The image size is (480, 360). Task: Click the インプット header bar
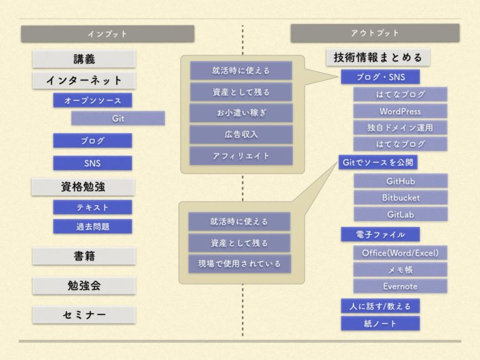(107, 34)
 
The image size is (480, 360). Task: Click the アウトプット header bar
(375, 33)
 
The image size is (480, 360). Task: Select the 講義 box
(84, 59)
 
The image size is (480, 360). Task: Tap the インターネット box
(84, 81)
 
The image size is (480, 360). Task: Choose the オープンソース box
(92, 101)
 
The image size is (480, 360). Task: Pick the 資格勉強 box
(83, 187)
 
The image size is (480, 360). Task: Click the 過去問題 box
(92, 226)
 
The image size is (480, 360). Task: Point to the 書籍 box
(84, 256)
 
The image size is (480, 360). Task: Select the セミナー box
(84, 315)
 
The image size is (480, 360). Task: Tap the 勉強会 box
(84, 286)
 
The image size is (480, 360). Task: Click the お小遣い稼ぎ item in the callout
(241, 113)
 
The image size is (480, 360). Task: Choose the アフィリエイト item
(241, 156)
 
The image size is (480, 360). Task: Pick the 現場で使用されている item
(239, 264)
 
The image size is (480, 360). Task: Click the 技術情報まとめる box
(378, 57)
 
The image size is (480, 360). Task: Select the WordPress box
(401, 111)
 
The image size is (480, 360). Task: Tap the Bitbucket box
(401, 197)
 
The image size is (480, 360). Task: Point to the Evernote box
(401, 286)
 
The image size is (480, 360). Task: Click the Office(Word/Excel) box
(401, 253)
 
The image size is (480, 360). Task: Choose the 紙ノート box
(380, 323)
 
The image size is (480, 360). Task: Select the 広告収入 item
(241, 134)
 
